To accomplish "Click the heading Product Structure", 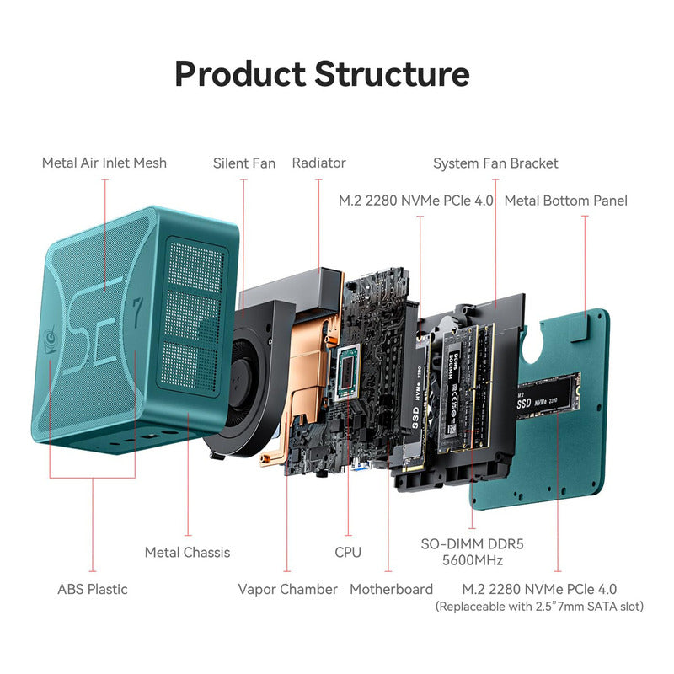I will coord(321,73).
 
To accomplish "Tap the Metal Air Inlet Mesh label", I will coord(104,163).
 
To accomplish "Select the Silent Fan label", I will coord(243,163).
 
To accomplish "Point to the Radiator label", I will coord(318,163).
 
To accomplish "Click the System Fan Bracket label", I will coord(495,163).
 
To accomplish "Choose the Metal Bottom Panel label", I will coord(565,201).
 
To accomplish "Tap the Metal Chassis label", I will coord(187,552).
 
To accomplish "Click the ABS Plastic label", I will coord(93,589).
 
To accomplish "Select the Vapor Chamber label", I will coord(287,589).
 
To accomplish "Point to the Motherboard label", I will coord(391,589).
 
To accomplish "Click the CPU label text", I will coord(347,552).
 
